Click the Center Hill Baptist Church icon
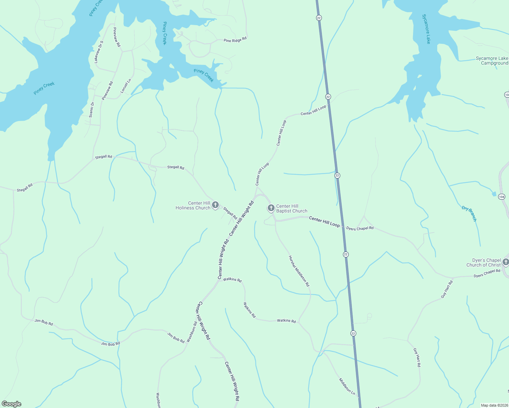pos(271,208)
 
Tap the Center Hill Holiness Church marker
pos(215,205)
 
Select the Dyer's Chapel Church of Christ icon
pos(506,262)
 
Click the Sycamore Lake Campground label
pos(492,61)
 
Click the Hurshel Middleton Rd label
pos(299,271)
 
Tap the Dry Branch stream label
pos(470,214)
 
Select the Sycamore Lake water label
pos(426,29)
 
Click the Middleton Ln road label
pos(347,386)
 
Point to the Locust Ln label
pos(126,86)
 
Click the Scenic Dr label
pos(92,110)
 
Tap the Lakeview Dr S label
pos(99,52)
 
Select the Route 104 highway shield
pos(502,197)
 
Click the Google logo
pos(12,404)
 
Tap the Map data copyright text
pos(494,405)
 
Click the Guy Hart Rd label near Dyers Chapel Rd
pos(447,289)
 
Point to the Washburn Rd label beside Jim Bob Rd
pos(192,332)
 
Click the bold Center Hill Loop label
pos(324,222)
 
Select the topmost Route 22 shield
pos(318,18)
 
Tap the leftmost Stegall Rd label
pos(24,188)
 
